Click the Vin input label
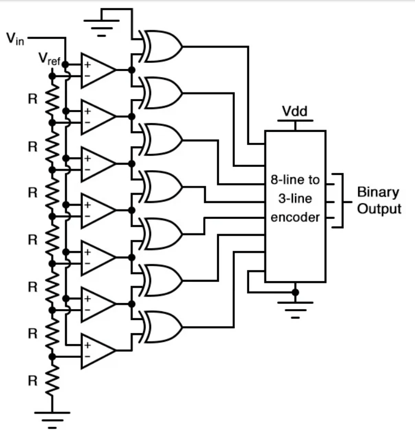(x=15, y=39)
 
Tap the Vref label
(x=49, y=58)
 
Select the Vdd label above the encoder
(x=295, y=112)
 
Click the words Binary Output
(x=379, y=201)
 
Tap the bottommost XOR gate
(x=162, y=327)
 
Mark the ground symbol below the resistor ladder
(x=52, y=417)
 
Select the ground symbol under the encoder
(x=296, y=309)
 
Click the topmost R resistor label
(x=33, y=100)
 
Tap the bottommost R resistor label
(x=33, y=381)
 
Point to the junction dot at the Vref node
(x=53, y=76)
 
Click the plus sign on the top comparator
(x=87, y=65)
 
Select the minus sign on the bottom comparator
(x=87, y=356)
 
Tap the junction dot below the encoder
(x=296, y=292)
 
